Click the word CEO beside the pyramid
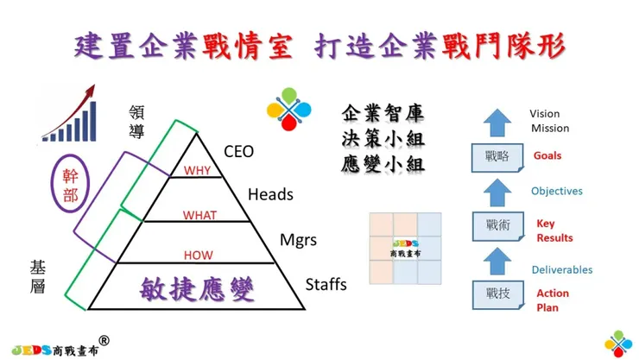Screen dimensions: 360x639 pos(238,152)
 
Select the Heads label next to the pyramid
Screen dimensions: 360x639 pos(270,194)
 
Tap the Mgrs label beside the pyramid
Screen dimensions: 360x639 pos(299,239)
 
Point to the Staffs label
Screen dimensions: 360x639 pos(326,284)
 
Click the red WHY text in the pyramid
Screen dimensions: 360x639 pos(197,171)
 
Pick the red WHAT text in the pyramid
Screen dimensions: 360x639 pos(199,214)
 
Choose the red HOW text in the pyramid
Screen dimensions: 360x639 pos(199,256)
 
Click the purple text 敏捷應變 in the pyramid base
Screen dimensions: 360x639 pos(198,287)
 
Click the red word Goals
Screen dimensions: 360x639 pos(547,156)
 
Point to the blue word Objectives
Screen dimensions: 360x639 pos(556,191)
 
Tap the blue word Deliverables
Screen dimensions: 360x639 pos(561,269)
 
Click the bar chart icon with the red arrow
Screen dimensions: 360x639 pos(69,114)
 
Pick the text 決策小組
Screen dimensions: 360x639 pos(383,138)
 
